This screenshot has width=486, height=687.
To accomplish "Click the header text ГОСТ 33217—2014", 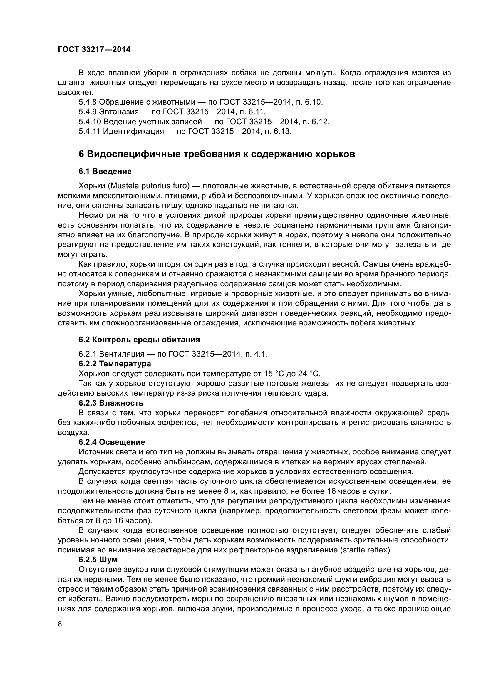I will pos(94,50).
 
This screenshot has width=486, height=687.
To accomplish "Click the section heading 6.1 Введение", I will pos(105,172).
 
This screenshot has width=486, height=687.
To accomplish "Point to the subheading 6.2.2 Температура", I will pos(115,364).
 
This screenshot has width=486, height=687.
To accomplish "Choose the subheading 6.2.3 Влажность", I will pos(111,403).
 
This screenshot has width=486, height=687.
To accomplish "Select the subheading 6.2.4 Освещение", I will pos(112,442).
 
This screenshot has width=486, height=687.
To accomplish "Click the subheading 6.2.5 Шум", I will pos(98,560).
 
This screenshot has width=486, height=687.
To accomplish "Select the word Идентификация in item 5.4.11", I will pos(133,131).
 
